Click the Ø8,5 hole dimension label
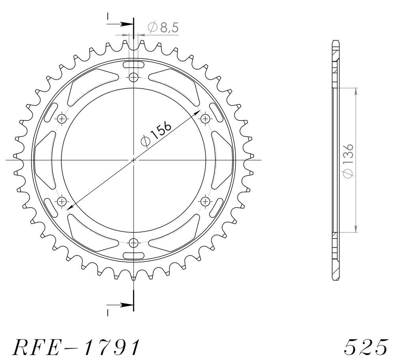click(163, 28)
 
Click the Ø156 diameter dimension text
click(155, 134)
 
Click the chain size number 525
click(366, 347)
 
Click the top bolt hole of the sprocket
click(133, 77)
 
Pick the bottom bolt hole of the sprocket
click(133, 242)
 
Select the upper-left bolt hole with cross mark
click(62, 119)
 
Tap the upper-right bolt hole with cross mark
click(205, 119)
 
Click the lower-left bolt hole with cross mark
click(62, 201)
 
